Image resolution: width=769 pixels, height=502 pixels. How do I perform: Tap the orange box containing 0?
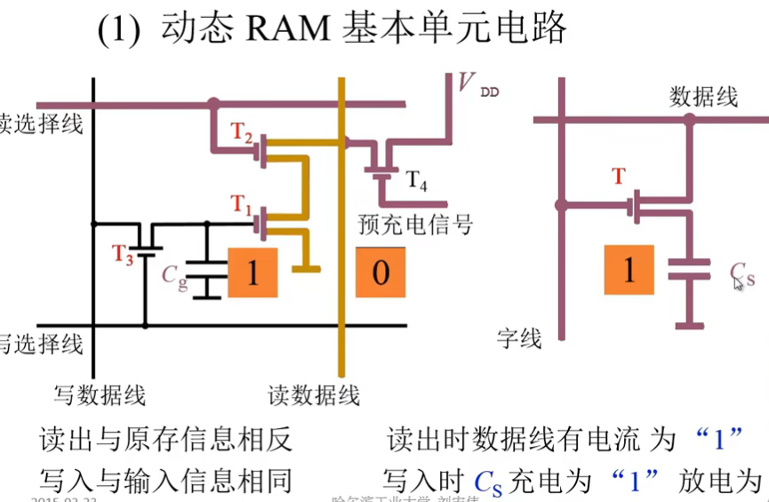pos(380,271)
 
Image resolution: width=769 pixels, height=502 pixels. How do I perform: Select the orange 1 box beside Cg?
pos(252,272)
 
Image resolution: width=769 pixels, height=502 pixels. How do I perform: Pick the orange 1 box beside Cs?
pos(629,269)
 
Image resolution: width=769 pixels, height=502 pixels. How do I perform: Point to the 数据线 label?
pos(702,96)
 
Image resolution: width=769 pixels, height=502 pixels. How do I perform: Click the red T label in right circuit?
pos(619,176)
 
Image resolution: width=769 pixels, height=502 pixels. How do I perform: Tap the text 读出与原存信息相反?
pos(165,440)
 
